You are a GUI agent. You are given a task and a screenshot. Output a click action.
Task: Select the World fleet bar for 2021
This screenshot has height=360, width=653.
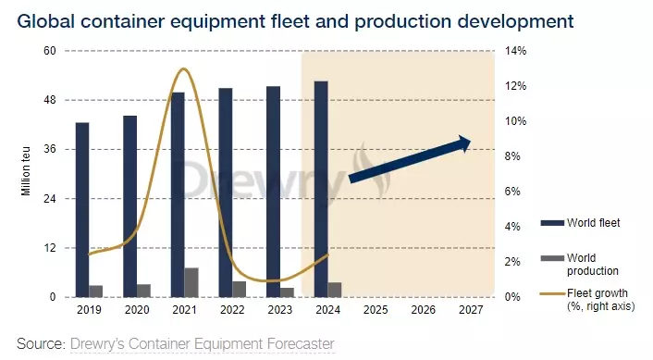[x=178, y=194]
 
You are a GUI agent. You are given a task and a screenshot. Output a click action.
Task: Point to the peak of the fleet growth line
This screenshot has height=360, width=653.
[x=183, y=69]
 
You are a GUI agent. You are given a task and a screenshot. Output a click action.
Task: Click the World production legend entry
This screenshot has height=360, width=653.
[x=592, y=263]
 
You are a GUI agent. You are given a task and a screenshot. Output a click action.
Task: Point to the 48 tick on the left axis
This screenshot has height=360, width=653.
[x=51, y=100]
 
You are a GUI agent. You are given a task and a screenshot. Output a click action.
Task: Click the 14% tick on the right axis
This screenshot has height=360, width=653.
[x=515, y=51]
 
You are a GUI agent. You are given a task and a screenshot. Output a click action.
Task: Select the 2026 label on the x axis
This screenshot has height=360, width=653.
[x=423, y=312]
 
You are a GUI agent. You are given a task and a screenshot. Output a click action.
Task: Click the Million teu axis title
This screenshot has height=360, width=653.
[x=27, y=174]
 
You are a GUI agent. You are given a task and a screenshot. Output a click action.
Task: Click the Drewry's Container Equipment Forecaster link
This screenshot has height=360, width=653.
[x=202, y=344]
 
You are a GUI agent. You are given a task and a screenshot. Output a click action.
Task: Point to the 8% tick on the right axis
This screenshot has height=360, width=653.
[x=512, y=156]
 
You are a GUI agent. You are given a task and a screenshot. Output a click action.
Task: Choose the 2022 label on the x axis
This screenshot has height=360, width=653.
[x=231, y=312]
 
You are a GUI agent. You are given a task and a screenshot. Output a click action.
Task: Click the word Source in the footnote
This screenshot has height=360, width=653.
[x=39, y=344]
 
